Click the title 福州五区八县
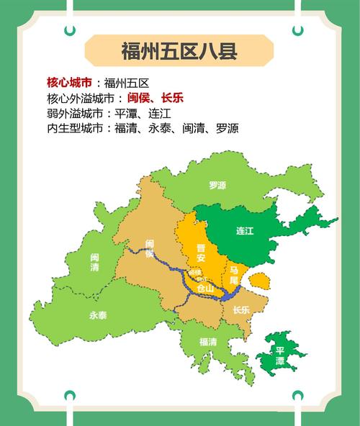pos(179,52)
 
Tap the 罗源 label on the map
pos(217,186)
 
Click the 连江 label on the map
pos(245,231)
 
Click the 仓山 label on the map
pos(204,288)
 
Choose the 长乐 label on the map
pos(241,310)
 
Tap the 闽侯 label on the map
pos(150,249)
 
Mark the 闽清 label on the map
pos(95,262)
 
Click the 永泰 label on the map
pos(98,315)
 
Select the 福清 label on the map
pos(207,342)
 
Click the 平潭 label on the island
pos(280,355)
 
